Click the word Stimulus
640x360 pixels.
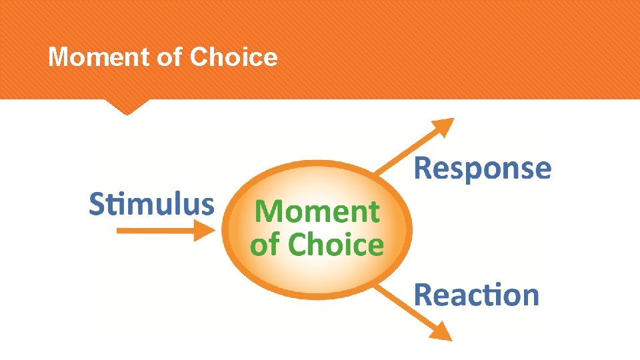point(152,204)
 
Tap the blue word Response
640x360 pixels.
point(483,169)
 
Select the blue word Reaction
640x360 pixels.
point(476,295)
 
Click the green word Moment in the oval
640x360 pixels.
point(317,213)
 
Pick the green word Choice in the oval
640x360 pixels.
point(336,245)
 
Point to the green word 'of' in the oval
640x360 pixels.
point(265,245)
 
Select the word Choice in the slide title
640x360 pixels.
point(233,57)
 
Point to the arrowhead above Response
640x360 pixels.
point(442,128)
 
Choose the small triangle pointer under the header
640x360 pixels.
point(127,107)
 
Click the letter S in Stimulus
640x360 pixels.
point(97,204)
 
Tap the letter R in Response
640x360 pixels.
point(423,169)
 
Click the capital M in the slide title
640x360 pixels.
point(57,57)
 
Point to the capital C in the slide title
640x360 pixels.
point(199,57)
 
